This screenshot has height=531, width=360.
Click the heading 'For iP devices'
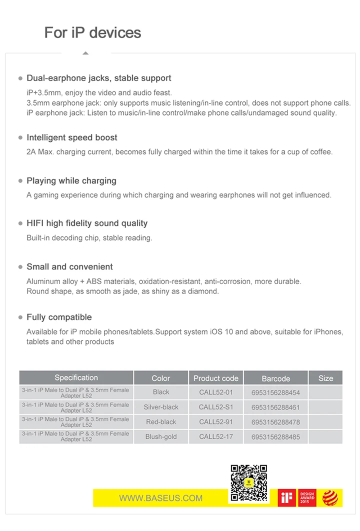click(92, 32)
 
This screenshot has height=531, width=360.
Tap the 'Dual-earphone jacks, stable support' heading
click(98, 78)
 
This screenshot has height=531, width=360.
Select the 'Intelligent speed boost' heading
click(72, 137)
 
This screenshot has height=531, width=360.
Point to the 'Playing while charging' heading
click(71, 180)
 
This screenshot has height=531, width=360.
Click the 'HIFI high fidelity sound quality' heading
click(87, 223)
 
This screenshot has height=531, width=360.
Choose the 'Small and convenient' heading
click(69, 266)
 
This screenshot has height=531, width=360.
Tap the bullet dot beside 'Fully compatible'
click(20, 317)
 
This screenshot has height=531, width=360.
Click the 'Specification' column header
click(76, 378)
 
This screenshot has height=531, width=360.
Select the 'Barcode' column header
click(275, 378)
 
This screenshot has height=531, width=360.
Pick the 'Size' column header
click(325, 378)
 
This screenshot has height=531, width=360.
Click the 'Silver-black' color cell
click(161, 407)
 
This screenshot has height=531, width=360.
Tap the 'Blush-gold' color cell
click(161, 436)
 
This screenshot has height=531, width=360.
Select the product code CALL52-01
click(215, 392)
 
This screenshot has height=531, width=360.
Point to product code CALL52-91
click(215, 422)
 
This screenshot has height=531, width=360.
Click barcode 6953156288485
click(275, 436)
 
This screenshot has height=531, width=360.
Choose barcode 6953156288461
click(275, 407)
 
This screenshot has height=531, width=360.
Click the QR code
click(248, 483)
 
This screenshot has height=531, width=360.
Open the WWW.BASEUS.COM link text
click(160, 498)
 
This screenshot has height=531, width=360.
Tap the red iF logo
click(287, 498)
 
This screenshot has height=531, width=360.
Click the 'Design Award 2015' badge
click(307, 498)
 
